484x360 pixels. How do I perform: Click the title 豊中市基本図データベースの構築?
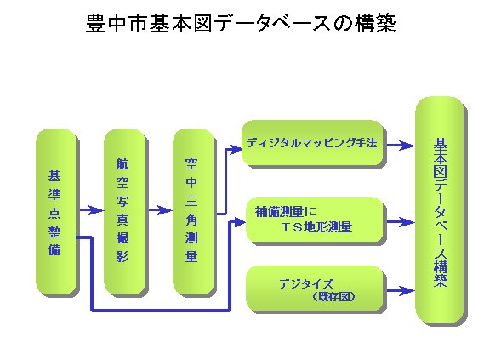click(241, 23)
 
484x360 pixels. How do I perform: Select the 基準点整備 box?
click(56, 212)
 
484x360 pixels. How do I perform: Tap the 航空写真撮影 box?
click(124, 212)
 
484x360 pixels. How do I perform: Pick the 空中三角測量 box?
click(193, 212)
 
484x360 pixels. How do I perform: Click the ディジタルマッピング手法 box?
click(312, 143)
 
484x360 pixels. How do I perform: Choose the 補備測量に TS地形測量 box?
click(315, 220)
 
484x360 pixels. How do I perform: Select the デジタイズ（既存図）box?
click(315, 289)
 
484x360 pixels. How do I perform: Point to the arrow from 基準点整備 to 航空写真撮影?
click(91, 210)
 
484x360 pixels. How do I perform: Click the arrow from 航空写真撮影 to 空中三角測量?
click(160, 210)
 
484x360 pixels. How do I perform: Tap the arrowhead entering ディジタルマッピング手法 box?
click(236, 150)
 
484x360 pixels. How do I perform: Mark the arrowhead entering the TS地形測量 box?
click(240, 221)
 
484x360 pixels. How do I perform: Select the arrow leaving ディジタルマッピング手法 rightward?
click(401, 146)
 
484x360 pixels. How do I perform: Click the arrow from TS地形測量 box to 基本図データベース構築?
click(401, 222)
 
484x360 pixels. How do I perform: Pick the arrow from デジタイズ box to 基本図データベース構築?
click(401, 290)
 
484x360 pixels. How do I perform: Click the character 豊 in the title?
click(95, 23)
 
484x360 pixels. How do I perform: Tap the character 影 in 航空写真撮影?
click(122, 255)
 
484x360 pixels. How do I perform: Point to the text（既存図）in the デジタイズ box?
click(333, 297)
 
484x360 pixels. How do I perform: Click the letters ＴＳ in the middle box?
click(291, 227)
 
